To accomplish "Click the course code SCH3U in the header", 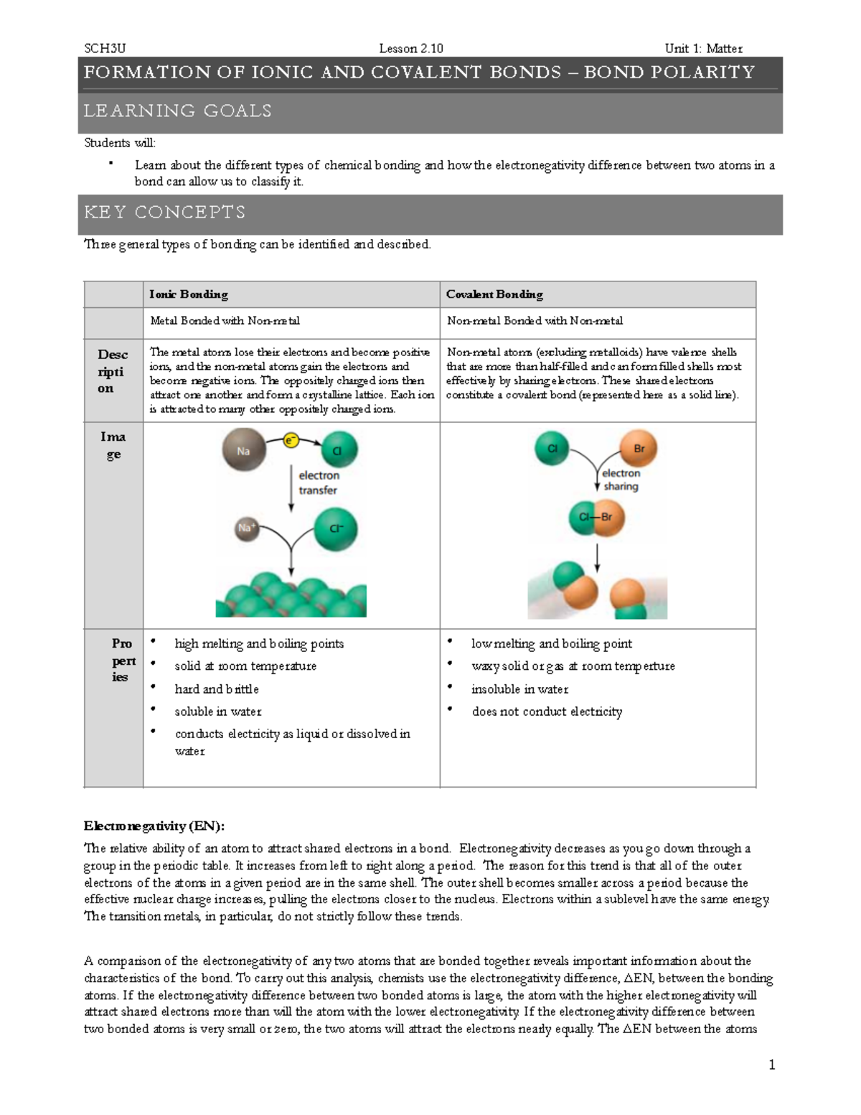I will tap(105, 48).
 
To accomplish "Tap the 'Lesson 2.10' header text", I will tap(410, 48).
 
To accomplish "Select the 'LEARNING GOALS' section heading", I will tap(178, 111).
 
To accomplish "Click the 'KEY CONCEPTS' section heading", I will tap(164, 213).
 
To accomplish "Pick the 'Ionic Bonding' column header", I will tap(189, 294).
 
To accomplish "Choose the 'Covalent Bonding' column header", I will tap(494, 294).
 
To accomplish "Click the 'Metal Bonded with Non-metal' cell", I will tap(225, 321).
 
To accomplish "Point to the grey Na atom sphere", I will tap(244, 449).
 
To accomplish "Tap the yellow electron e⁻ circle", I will tap(291, 440).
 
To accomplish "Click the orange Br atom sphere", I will tap(638, 449).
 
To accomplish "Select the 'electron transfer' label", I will tap(319, 482).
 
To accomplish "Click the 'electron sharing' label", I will tap(621, 480).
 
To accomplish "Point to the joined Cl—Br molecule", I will tap(596, 517).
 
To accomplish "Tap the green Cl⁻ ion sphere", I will tap(336, 529).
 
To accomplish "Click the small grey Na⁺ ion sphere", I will tap(246, 528).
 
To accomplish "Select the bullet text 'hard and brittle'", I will tap(217, 689).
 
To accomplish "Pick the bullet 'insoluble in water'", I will tap(519, 689).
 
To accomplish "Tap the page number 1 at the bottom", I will tap(771, 1065).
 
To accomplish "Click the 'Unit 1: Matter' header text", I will tap(703, 48).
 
